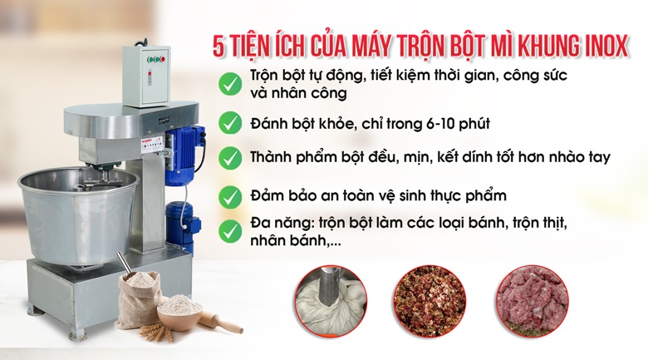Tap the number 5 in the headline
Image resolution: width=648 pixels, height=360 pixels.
218,47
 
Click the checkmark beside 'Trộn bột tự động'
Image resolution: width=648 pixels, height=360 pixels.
230,84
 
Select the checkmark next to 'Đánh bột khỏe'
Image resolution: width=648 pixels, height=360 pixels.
230,122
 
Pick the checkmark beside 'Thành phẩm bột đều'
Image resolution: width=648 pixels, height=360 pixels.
230,158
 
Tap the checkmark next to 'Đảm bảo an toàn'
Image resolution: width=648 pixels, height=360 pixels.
230,197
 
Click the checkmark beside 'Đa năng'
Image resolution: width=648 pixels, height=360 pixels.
230,231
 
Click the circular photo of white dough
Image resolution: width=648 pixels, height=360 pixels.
331,300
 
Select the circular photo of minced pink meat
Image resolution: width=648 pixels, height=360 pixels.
533,300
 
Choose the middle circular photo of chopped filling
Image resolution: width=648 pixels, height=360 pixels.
430,300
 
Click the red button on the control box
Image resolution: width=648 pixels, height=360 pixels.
163,60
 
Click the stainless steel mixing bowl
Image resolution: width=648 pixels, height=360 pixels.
78,215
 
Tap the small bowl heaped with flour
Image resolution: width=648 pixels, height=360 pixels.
179,313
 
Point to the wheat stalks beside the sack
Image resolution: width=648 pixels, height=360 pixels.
156,332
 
